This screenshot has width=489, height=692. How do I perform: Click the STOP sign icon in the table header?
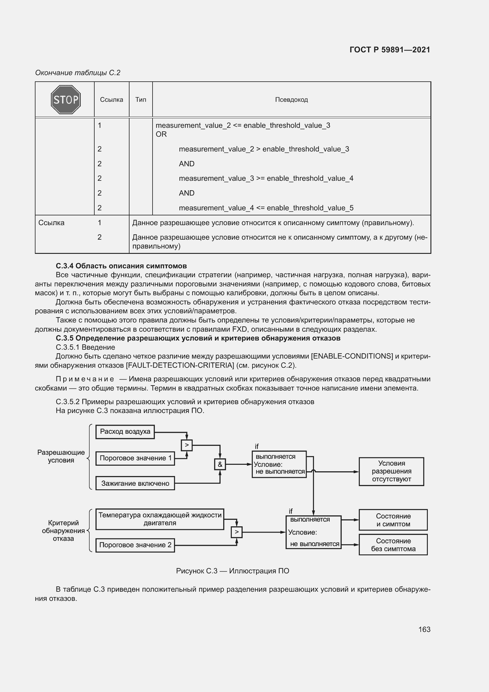click(66, 99)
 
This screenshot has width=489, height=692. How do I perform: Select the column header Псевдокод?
click(291, 100)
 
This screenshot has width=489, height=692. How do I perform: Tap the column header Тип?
click(141, 100)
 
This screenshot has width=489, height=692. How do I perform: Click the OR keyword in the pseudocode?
click(161, 134)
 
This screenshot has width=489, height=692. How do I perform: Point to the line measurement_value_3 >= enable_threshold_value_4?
click(266, 178)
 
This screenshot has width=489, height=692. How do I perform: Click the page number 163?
click(424, 629)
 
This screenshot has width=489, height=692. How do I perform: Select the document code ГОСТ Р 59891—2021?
click(390, 50)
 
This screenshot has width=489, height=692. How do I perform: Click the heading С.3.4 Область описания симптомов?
click(121, 266)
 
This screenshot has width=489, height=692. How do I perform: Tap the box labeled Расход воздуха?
click(125, 432)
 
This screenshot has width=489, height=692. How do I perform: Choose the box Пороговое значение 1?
click(135, 458)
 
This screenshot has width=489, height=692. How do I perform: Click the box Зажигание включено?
click(135, 483)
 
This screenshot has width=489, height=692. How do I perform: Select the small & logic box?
click(220, 464)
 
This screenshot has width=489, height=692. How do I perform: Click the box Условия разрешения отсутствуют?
click(391, 471)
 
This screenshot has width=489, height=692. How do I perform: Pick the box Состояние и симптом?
click(393, 520)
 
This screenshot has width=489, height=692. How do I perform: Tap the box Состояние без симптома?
click(393, 545)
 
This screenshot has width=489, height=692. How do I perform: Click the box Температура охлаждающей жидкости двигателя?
click(160, 519)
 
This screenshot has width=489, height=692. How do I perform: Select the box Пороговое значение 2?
click(135, 545)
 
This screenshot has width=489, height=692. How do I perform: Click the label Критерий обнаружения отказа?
click(63, 531)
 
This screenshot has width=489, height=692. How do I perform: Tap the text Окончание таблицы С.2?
click(78, 73)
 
